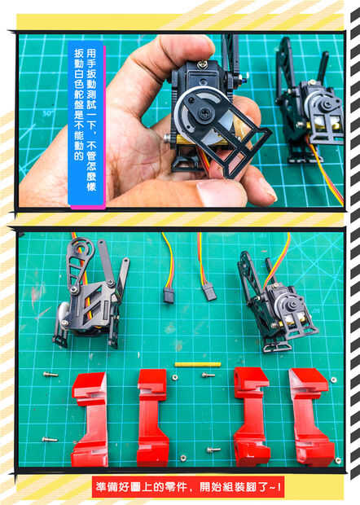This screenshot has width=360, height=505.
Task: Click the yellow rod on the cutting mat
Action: [x=198, y=364]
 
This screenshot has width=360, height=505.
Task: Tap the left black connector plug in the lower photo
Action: [x=169, y=295]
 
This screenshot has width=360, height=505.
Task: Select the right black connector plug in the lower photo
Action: [x=209, y=292]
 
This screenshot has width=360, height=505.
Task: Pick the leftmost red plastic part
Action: [x=90, y=419]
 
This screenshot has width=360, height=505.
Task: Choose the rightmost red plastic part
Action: [x=310, y=416]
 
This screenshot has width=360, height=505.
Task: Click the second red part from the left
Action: [x=152, y=417]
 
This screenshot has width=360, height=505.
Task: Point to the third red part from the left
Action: [x=251, y=416]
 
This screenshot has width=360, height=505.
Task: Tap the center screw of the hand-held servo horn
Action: [x=204, y=112]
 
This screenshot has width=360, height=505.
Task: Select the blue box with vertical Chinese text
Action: [x=86, y=124]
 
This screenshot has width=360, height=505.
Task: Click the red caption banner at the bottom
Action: [x=187, y=486]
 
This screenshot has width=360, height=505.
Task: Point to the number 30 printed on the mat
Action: [x=48, y=113]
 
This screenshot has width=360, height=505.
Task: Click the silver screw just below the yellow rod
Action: [x=209, y=375]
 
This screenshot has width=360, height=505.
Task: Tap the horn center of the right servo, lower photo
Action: [x=292, y=305]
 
